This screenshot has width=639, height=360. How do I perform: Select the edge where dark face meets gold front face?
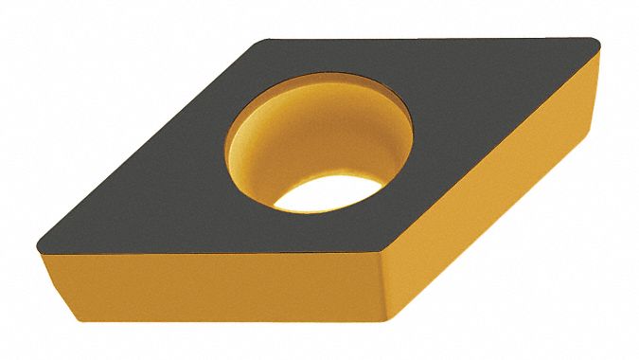(208, 245)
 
